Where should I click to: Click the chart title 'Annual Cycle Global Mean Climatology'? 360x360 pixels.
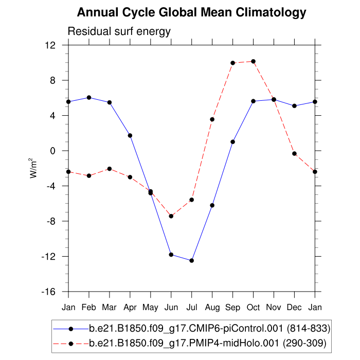[191, 12]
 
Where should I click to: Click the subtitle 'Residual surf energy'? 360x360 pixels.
[119, 32]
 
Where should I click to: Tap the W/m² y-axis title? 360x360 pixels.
[33, 168]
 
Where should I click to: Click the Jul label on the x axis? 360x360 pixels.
[191, 307]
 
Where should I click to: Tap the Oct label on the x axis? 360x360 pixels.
[253, 307]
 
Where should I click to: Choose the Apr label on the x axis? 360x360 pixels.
[130, 307]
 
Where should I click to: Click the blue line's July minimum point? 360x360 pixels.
[191, 261]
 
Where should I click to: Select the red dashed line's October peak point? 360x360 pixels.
[253, 62]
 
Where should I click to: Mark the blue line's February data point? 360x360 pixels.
[89, 98]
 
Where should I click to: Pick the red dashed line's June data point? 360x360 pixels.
[171, 216]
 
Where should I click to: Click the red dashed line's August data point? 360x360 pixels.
[212, 119]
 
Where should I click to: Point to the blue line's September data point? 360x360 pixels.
[232, 142]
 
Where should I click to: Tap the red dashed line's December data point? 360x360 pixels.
[294, 154]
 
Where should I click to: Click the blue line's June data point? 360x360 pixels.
[171, 255]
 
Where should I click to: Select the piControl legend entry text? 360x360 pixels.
[209, 328]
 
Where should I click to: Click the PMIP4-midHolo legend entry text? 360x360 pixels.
[208, 343]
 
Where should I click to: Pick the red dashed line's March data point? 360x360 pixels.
[110, 169]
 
